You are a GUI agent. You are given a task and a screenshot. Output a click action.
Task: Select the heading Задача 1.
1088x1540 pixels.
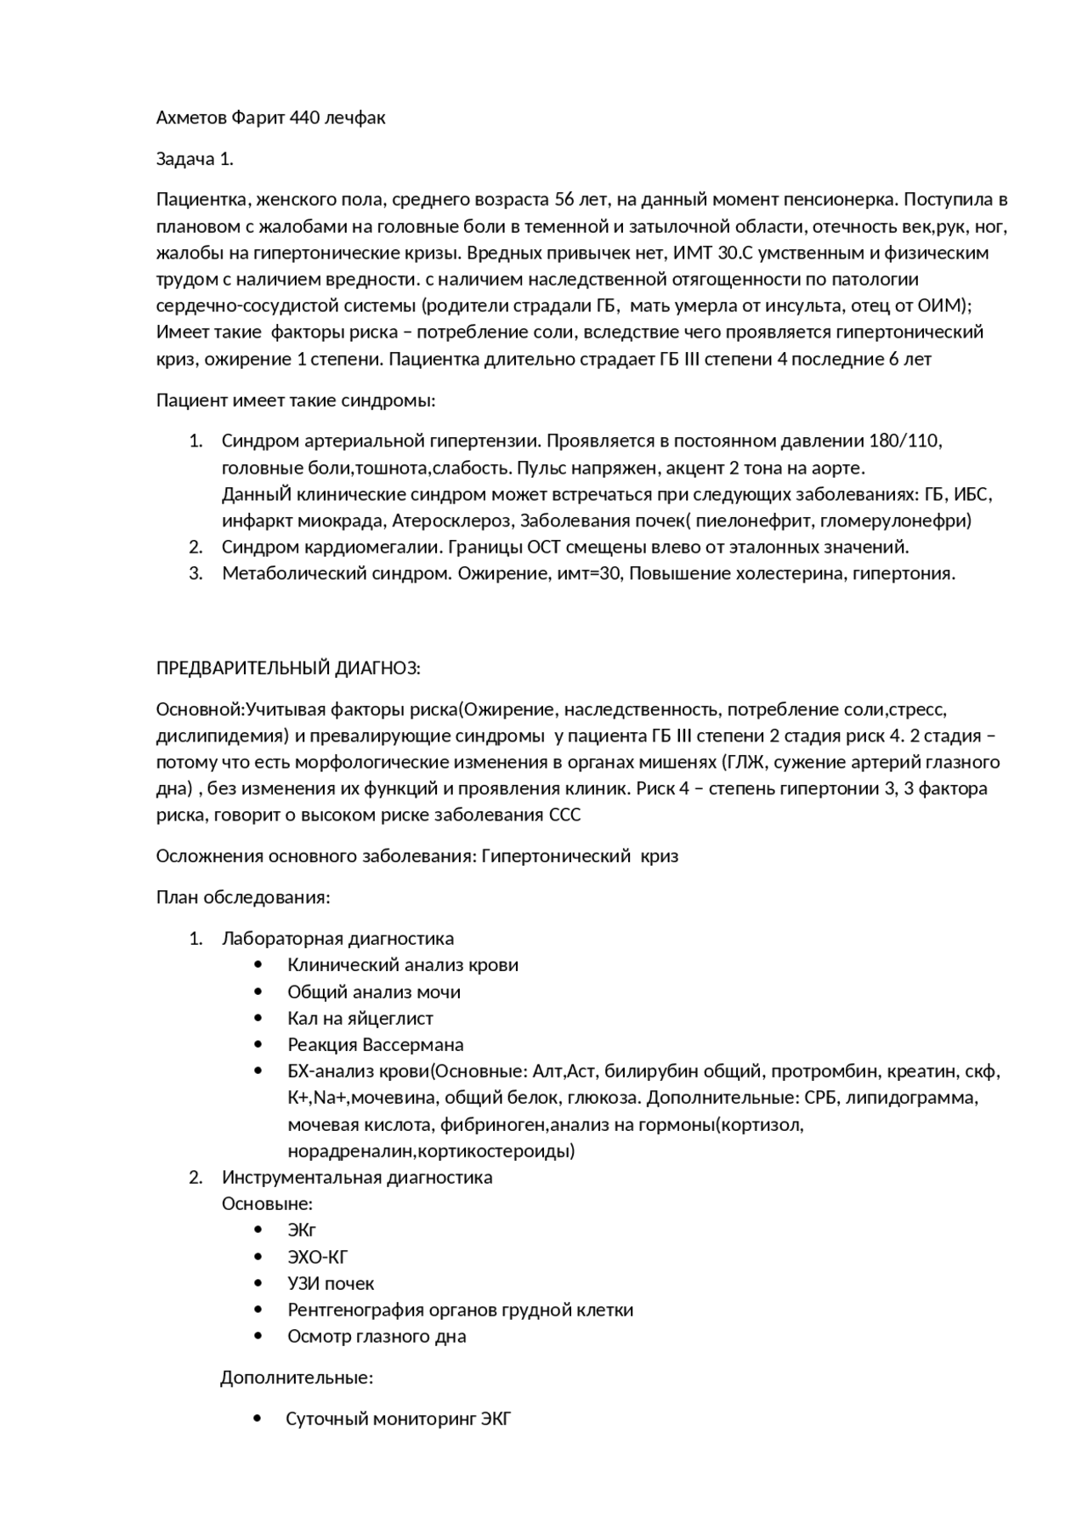pyautogui.click(x=195, y=159)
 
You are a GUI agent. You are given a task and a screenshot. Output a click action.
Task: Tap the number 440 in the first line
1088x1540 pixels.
pyautogui.click(x=305, y=118)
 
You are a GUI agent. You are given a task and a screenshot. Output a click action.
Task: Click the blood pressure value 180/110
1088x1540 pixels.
pyautogui.click(x=904, y=441)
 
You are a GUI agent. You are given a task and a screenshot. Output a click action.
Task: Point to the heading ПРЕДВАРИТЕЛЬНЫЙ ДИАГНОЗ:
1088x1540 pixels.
pyautogui.click(x=288, y=668)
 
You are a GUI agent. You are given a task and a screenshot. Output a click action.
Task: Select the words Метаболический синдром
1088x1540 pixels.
pyautogui.click(x=337, y=573)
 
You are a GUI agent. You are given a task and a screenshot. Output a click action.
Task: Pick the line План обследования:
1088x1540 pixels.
pyautogui.click(x=243, y=897)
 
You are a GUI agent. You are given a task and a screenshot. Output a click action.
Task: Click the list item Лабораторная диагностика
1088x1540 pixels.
pyautogui.click(x=337, y=939)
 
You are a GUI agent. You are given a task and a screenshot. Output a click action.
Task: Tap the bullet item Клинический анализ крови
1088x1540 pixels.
pyautogui.click(x=402, y=965)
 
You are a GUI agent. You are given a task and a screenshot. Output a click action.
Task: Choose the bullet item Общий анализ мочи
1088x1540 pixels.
pyautogui.click(x=374, y=992)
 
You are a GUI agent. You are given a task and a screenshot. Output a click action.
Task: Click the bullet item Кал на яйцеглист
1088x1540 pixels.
pyautogui.click(x=360, y=1019)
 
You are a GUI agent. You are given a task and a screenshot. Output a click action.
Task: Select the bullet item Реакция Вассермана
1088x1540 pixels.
pyautogui.click(x=376, y=1045)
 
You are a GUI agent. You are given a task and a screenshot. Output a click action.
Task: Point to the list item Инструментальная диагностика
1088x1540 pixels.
pyautogui.click(x=357, y=1178)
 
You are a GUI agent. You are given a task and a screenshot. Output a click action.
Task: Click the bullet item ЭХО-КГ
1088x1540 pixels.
pyautogui.click(x=318, y=1257)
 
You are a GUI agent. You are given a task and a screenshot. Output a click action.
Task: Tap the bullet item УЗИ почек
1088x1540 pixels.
pyautogui.click(x=331, y=1283)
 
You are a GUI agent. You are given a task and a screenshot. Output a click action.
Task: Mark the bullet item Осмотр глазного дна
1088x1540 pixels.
pyautogui.click(x=377, y=1337)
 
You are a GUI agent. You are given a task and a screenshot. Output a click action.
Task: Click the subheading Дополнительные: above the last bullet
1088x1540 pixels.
pyautogui.click(x=297, y=1378)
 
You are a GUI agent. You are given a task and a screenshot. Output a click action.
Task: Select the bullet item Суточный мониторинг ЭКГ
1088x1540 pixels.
pyautogui.click(x=398, y=1419)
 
